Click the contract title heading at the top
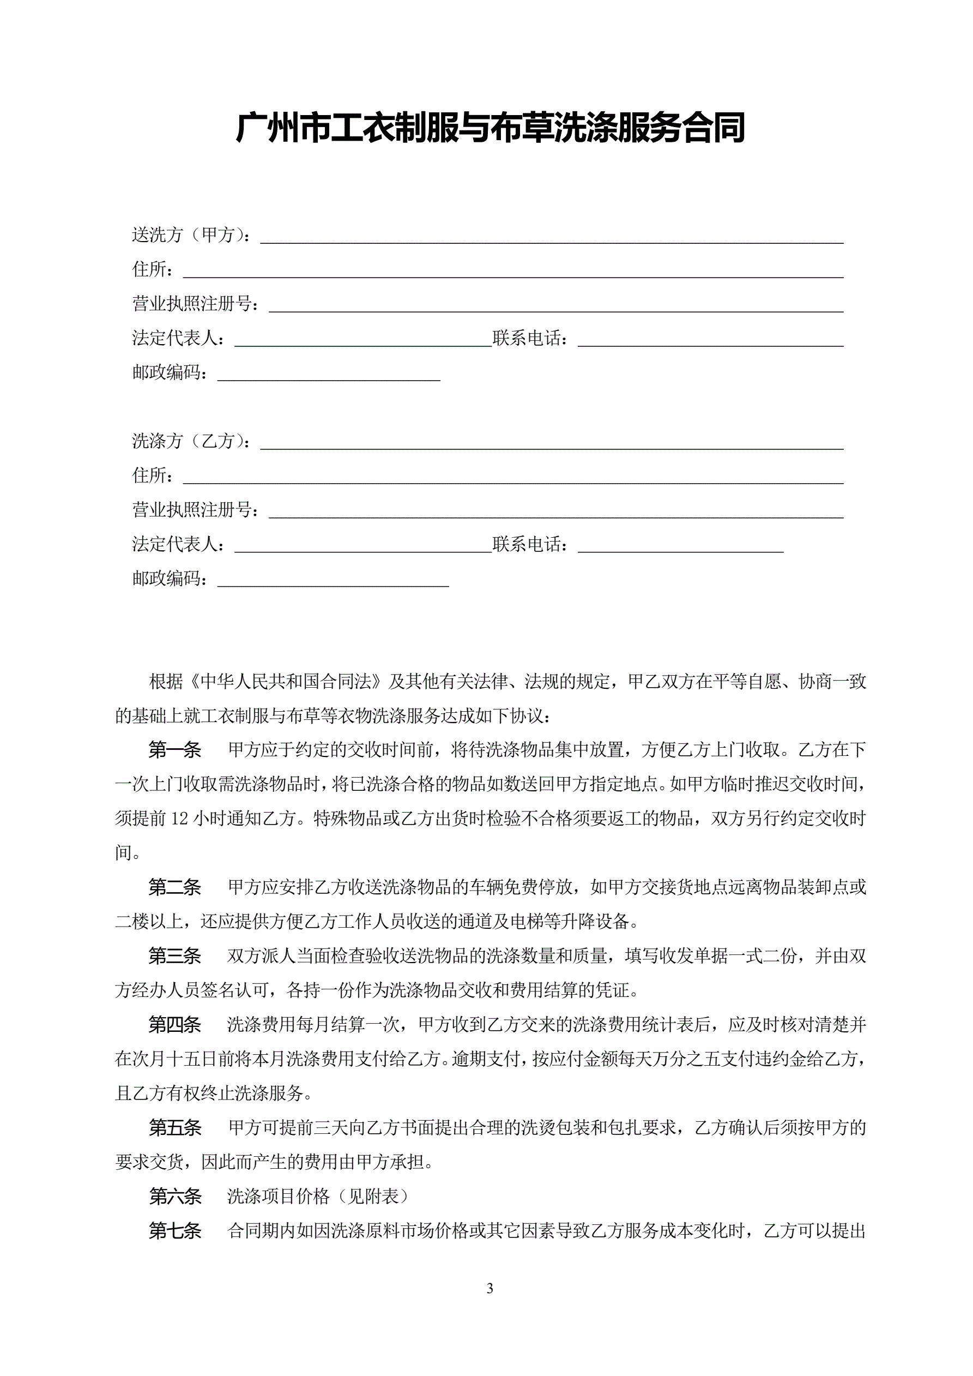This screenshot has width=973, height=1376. [x=490, y=128]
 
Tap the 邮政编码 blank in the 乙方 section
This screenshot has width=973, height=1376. [x=333, y=582]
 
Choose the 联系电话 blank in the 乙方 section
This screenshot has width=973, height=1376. [x=680, y=548]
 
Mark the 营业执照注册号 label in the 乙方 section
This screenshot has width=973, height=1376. [x=194, y=510]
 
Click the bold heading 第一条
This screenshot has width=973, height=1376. [x=174, y=750]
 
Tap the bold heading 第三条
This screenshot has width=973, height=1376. [x=174, y=956]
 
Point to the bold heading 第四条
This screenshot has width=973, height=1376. [x=174, y=1025]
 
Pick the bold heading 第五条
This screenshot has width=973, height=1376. [x=174, y=1128]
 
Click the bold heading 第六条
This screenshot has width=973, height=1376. [x=174, y=1197]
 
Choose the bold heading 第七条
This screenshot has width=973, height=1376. [x=174, y=1231]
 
